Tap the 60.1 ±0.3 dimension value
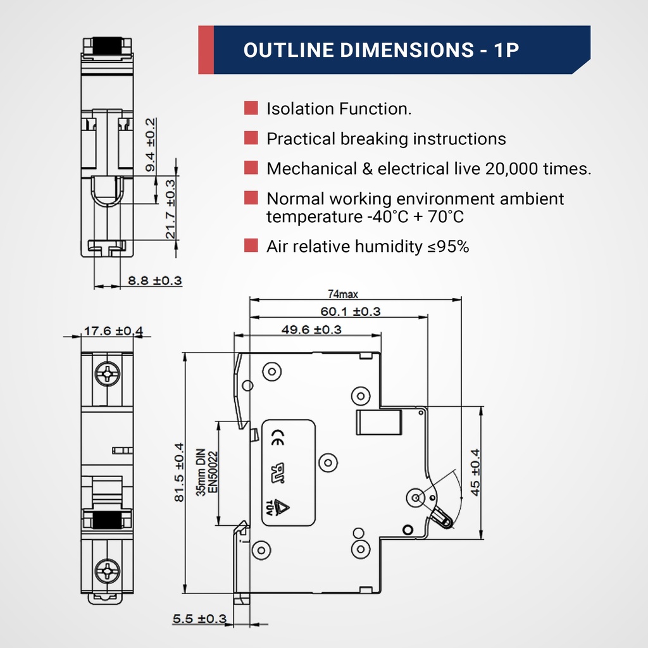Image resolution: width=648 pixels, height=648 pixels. (x=350, y=311)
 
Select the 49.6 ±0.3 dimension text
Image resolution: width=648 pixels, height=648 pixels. (x=311, y=330)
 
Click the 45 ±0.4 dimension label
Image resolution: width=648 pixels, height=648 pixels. (x=475, y=471)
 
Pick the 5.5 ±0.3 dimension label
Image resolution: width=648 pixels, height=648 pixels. (x=199, y=618)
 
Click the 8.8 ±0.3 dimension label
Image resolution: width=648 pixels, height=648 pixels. (x=155, y=280)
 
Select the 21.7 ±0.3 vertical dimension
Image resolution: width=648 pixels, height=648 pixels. (x=170, y=208)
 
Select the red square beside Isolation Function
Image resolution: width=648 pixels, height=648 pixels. (x=251, y=108)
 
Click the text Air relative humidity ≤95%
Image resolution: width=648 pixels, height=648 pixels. (x=368, y=246)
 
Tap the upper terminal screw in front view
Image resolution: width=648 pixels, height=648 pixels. (x=107, y=373)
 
